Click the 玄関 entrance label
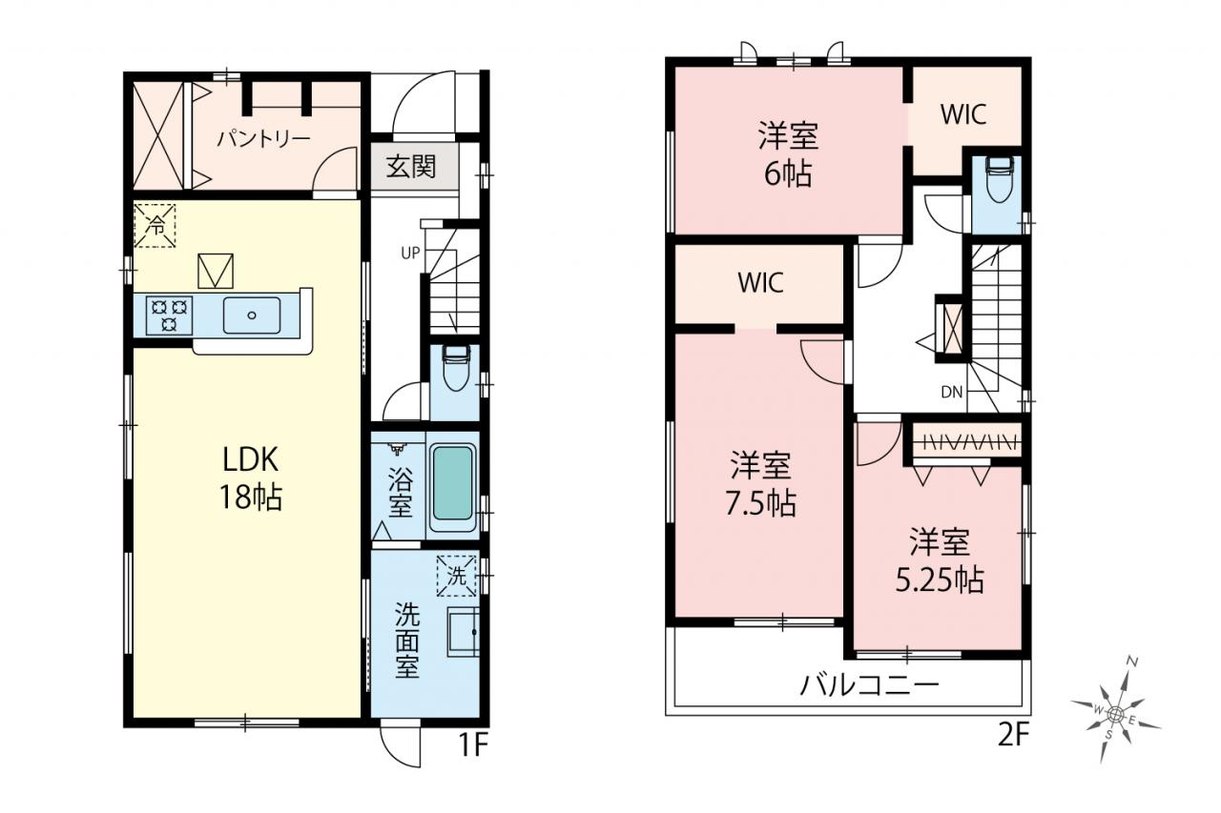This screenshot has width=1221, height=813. coord(411,167)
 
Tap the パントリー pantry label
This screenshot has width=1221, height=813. coord(264,139)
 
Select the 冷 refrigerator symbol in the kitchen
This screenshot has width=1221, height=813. coord(155,226)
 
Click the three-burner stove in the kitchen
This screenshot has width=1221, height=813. coord(169,315)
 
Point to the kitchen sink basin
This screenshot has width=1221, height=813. coord(252,315)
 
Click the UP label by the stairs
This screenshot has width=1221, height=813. coord(410,253)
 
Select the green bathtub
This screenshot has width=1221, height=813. coord(452,483)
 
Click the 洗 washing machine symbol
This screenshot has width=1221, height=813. coord(456,576)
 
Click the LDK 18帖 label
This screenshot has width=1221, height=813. coord(250,478)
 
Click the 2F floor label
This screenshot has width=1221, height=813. coord(1012,736)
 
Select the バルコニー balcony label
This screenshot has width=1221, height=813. coord(869,684)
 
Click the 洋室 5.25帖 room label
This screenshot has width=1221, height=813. coord(940,560)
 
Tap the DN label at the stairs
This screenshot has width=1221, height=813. coord(952,392)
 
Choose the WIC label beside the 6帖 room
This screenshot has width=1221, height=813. coord(963,114)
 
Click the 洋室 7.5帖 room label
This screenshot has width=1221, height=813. coord(761,484)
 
